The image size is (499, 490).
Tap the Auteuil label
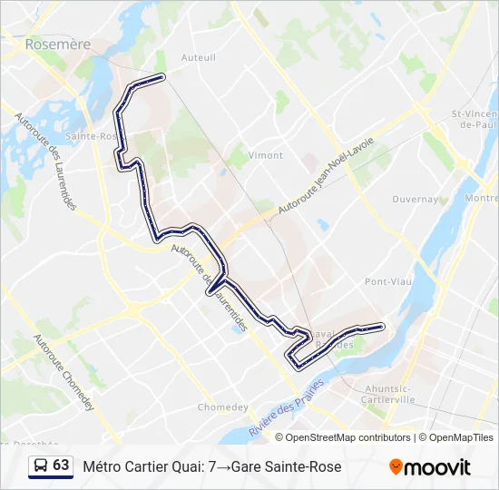(199, 57)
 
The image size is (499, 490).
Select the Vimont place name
(266, 155)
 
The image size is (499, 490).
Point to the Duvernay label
(416, 199)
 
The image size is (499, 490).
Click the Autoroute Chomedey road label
(64, 373)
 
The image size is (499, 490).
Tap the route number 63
(61, 465)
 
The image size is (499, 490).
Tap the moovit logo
(430, 467)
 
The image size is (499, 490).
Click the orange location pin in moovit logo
(396, 467)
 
